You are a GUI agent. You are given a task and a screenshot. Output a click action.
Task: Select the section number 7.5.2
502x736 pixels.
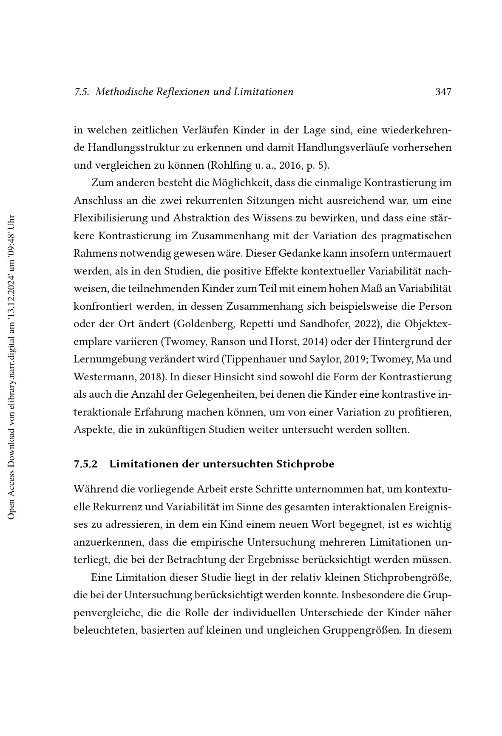(x=85, y=464)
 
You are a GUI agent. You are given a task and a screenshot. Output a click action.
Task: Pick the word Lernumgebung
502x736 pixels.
(x=110, y=359)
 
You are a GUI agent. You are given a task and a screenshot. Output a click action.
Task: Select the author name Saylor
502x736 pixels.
(x=327, y=359)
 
